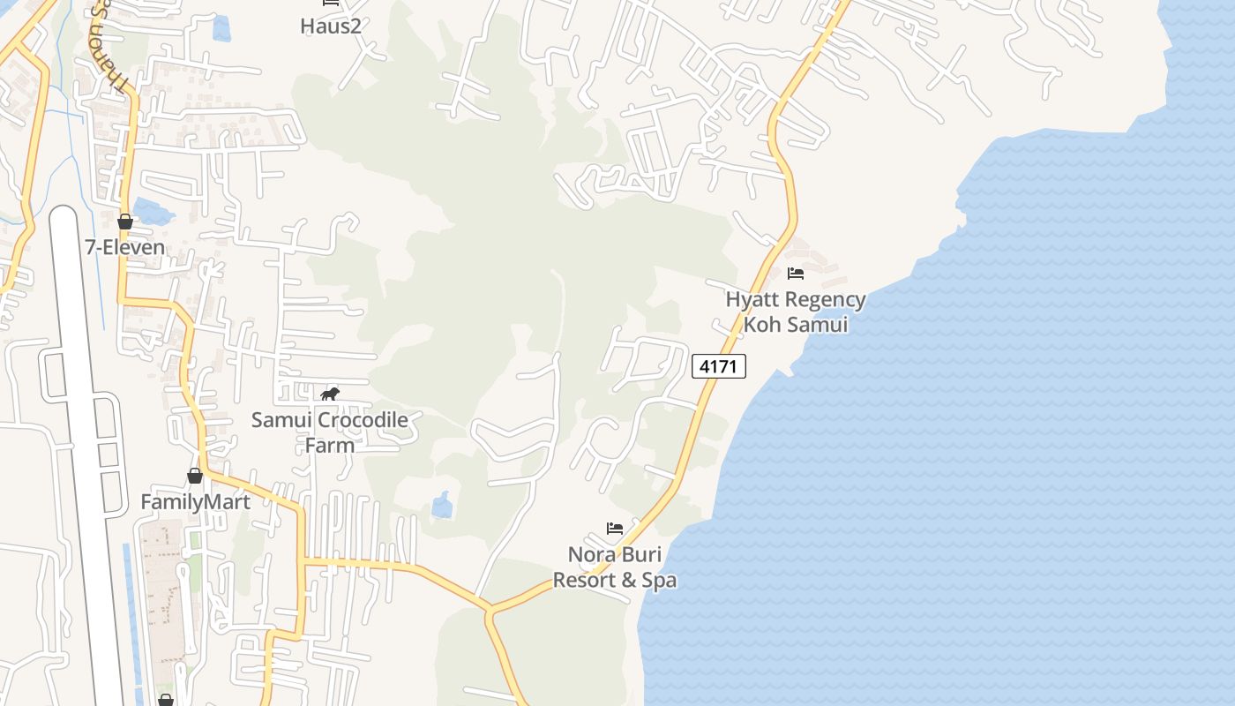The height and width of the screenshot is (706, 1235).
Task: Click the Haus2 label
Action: [x=331, y=26]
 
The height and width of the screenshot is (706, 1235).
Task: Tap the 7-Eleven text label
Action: [x=125, y=247]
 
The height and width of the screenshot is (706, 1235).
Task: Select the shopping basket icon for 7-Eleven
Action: [x=125, y=222]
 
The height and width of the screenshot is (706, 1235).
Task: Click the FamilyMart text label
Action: [x=196, y=502]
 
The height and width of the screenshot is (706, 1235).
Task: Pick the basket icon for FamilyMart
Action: [x=195, y=477]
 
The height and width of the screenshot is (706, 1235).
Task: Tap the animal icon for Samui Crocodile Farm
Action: [x=330, y=394]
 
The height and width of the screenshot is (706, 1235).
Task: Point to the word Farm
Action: [x=330, y=445]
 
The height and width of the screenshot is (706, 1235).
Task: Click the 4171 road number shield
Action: [x=719, y=365]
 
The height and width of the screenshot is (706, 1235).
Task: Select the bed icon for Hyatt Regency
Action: [x=796, y=274]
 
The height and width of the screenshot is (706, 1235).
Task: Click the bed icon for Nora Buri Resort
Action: [x=615, y=529]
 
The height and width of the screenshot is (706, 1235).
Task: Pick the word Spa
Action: [x=659, y=581]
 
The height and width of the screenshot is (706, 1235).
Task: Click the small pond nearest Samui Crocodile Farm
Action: [x=442, y=506]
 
